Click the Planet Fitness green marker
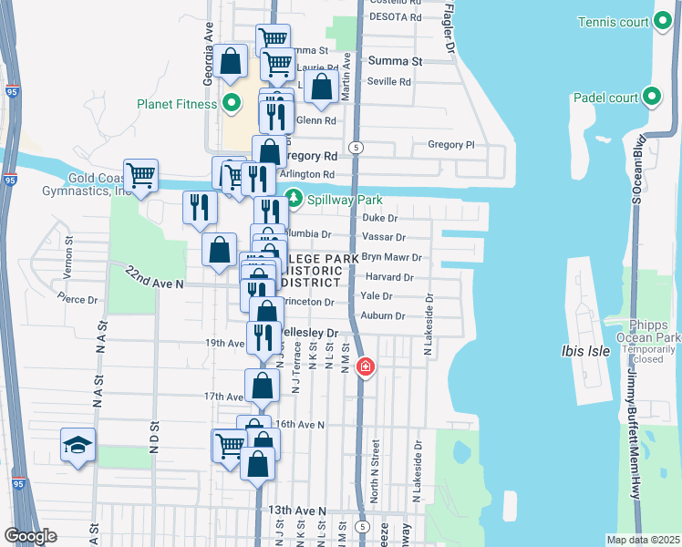click(x=231, y=103)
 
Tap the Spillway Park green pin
click(x=294, y=197)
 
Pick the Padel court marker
click(x=651, y=95)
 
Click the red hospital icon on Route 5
click(x=365, y=366)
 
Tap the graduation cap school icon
click(x=77, y=445)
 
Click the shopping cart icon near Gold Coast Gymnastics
click(x=140, y=174)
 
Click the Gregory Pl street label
click(x=451, y=145)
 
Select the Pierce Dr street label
click(x=77, y=299)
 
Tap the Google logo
click(x=30, y=536)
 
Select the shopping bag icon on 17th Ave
click(x=262, y=386)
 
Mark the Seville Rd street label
click(x=389, y=81)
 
